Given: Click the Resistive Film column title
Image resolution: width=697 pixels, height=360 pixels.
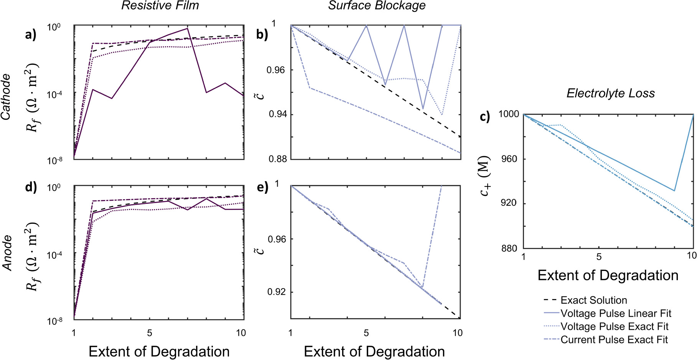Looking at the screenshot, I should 160,5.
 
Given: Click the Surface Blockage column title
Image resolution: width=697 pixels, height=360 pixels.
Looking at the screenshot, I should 377,5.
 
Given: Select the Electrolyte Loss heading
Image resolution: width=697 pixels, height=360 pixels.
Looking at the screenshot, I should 611,93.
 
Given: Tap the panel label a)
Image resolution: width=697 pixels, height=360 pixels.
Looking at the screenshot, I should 31,35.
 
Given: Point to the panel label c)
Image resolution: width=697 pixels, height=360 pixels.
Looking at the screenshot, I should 485,116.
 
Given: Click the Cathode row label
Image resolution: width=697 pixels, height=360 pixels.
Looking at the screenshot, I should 6,97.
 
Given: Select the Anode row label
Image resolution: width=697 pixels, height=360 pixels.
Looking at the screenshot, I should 7,253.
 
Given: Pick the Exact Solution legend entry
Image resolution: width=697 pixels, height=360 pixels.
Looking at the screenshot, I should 593,301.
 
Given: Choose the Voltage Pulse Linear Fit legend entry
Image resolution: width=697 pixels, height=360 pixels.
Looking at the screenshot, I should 616,314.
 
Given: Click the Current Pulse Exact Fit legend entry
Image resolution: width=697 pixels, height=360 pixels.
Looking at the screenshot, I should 614,340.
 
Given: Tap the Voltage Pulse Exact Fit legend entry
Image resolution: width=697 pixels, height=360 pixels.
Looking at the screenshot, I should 614,327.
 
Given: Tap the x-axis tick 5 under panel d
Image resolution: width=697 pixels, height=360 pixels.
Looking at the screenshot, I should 150,333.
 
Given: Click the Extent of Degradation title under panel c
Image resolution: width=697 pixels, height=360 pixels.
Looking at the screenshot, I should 608,276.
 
